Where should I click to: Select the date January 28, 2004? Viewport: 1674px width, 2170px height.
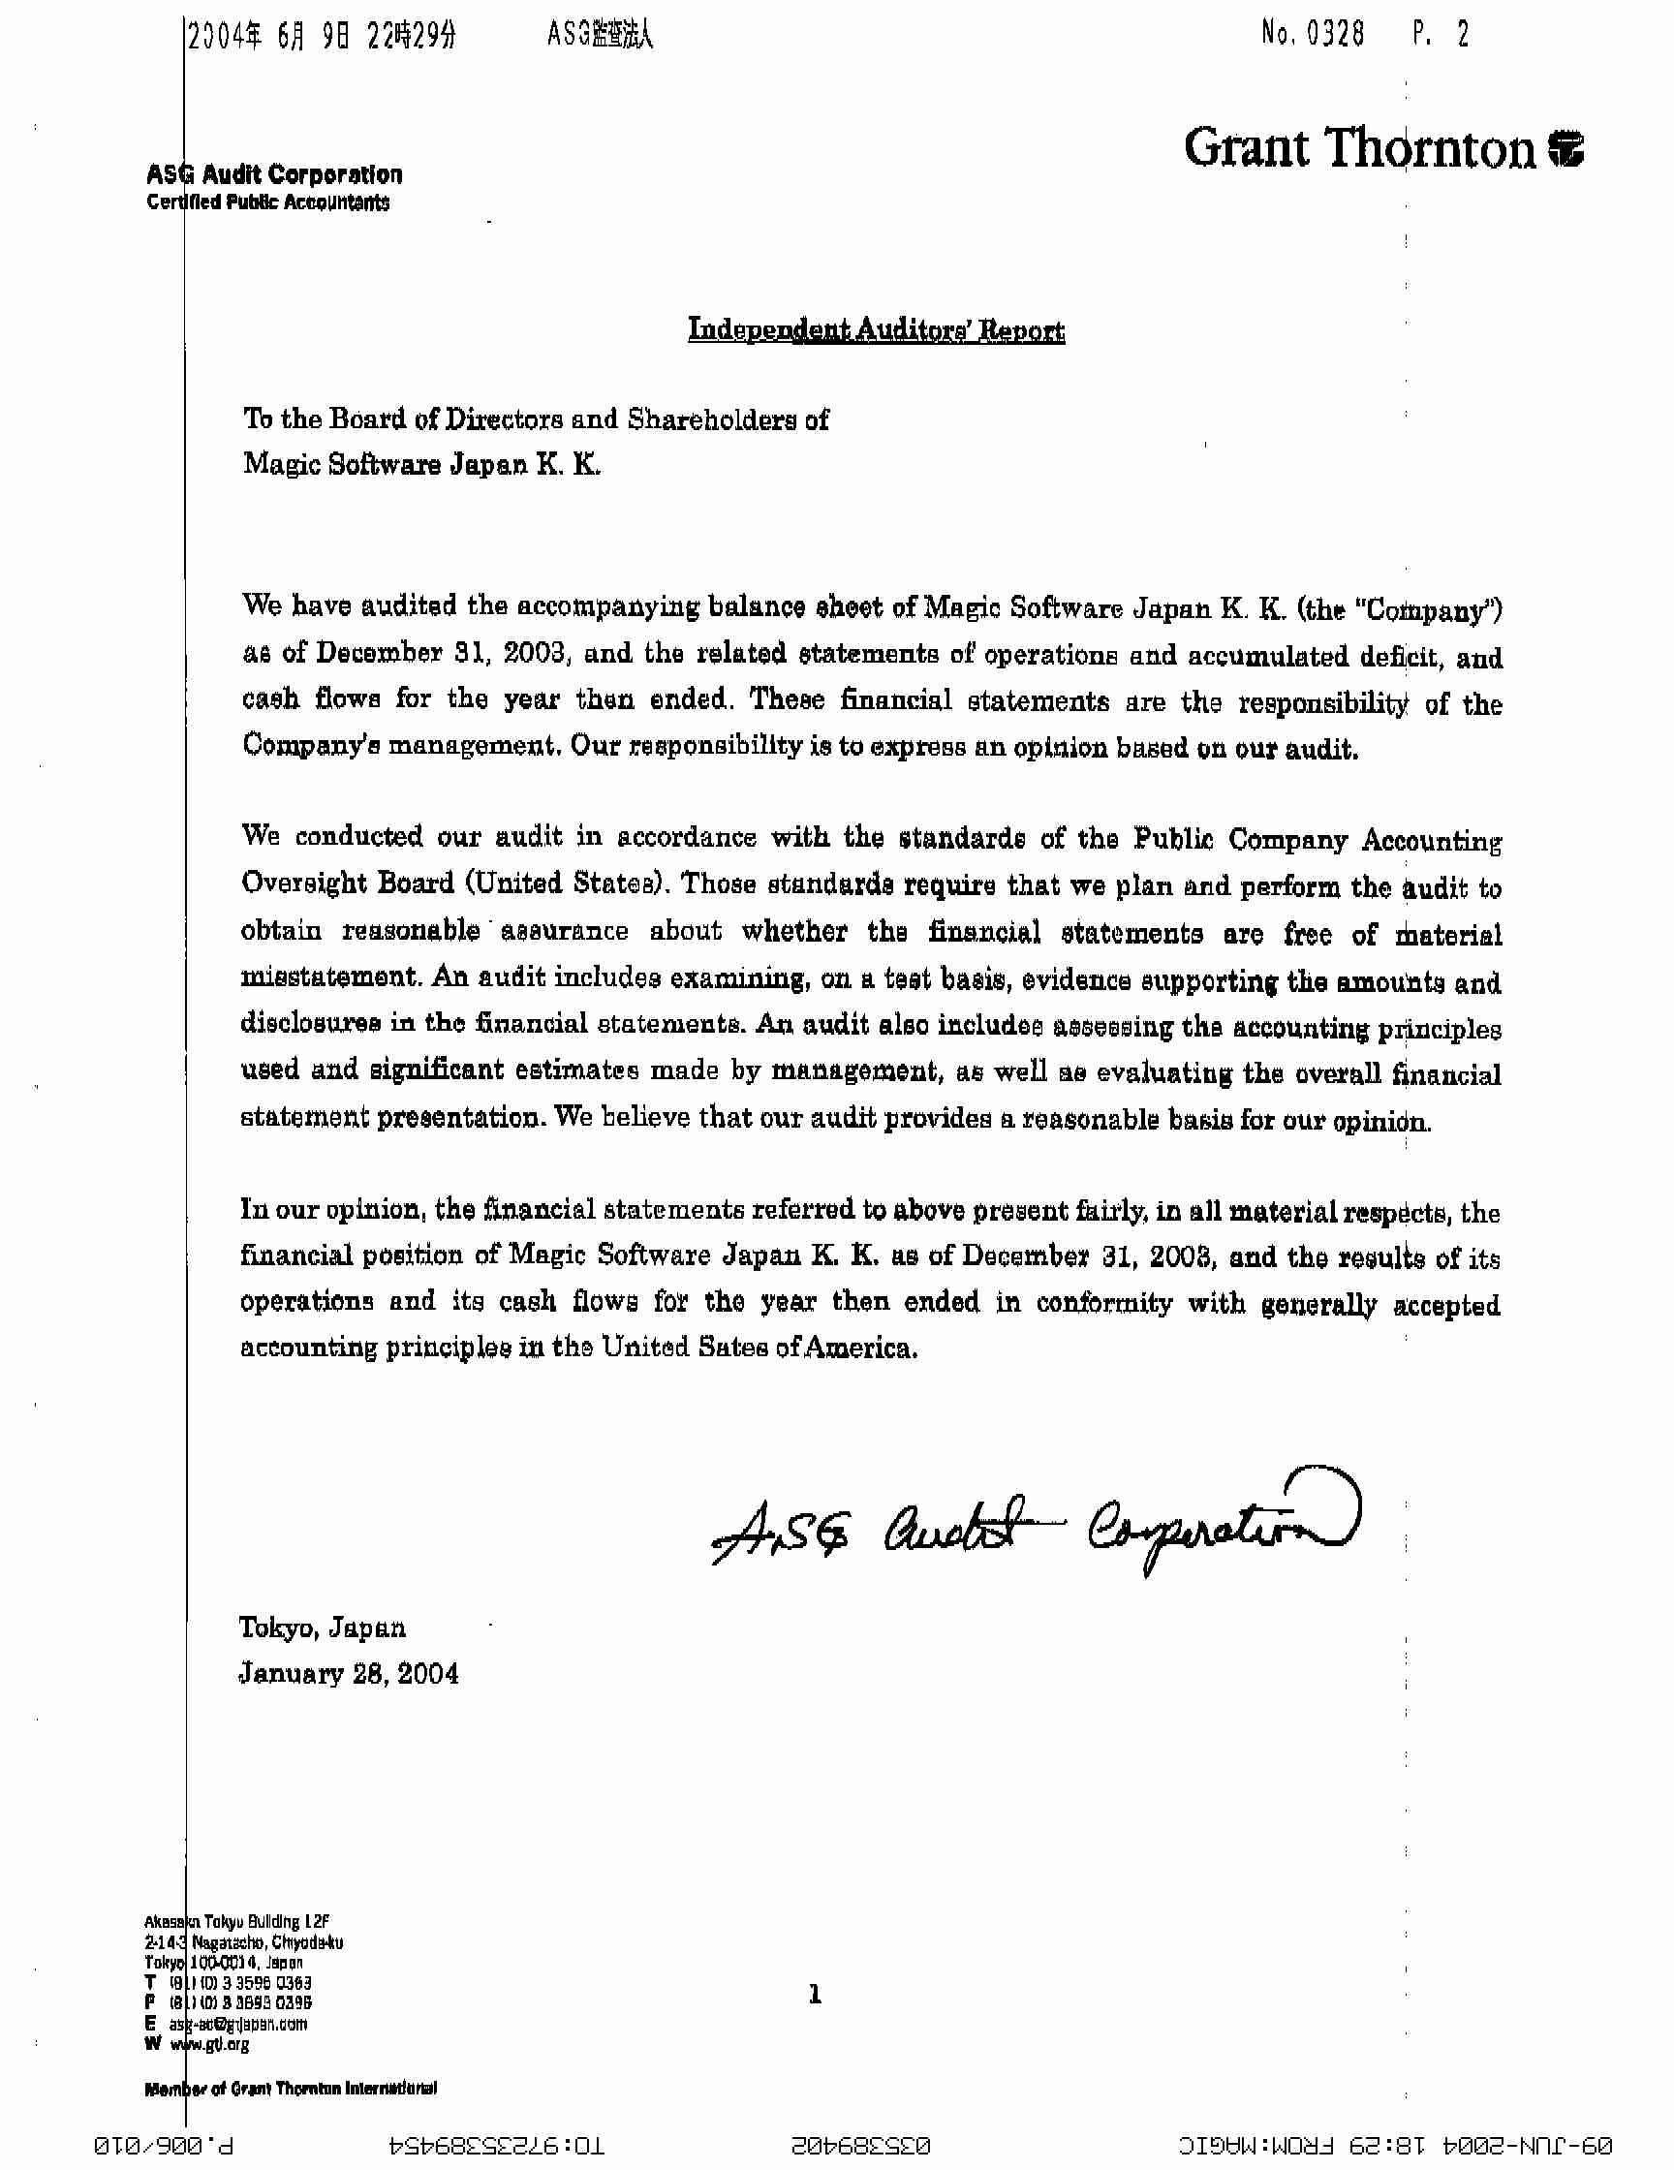(349, 1674)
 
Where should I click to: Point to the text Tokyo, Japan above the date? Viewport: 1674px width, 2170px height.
(322, 1627)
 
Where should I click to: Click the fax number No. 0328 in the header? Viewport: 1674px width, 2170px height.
(1313, 35)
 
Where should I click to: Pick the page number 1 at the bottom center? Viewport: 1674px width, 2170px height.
(815, 1994)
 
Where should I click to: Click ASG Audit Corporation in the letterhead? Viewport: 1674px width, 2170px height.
(274, 175)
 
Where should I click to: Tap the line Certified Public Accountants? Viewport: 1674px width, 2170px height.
(268, 202)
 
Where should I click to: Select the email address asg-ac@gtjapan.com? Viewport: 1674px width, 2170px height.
(237, 2023)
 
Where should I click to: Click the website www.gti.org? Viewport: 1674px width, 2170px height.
(208, 2043)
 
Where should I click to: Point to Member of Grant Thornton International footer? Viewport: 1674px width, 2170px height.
(290, 2089)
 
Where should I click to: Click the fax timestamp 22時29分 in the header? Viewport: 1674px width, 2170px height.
(412, 37)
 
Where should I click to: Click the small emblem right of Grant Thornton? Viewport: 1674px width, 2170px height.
(1565, 149)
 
